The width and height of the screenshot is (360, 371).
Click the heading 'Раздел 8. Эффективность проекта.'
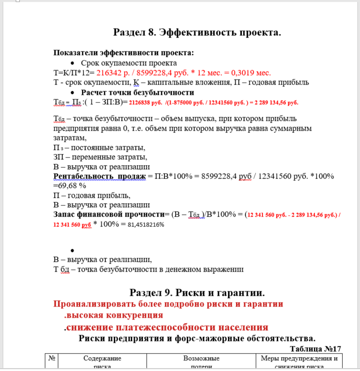click(197, 33)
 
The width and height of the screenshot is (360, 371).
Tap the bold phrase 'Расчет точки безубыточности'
click(137, 93)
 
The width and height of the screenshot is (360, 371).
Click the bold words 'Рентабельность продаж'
click(99, 176)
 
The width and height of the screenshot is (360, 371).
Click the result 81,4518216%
click(146, 225)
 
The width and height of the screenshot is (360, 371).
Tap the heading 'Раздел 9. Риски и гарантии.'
click(197, 293)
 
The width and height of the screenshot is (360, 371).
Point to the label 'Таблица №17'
click(316, 349)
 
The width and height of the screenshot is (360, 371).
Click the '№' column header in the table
click(51, 358)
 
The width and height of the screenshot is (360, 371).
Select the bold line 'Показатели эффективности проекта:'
click(124, 53)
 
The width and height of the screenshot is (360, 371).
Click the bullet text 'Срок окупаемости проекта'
click(129, 63)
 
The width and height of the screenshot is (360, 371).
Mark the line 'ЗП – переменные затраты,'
click(100, 157)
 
